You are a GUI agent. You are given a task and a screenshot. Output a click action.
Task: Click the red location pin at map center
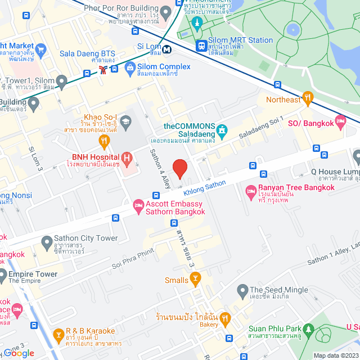[x=179, y=169]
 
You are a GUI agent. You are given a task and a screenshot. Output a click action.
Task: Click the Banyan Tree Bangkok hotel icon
[x=251, y=193]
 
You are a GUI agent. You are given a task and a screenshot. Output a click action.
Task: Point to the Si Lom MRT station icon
[x=166, y=49]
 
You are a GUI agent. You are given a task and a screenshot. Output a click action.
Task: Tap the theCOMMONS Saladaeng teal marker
[x=223, y=132]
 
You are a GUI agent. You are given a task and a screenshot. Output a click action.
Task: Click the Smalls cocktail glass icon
[x=195, y=277]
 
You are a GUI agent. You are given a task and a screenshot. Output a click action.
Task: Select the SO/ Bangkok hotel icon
[x=340, y=121]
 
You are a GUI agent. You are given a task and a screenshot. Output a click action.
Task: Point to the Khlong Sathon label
[x=205, y=187]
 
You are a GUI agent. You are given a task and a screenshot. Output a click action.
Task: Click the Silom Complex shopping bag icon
[x=130, y=67]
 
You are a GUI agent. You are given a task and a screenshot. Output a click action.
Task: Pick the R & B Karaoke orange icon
[x=58, y=335]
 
